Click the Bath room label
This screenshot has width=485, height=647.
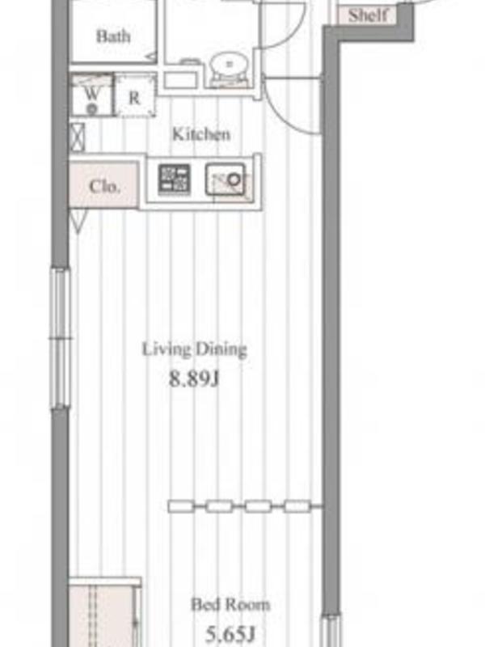[x=113, y=36]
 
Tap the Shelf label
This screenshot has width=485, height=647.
[x=368, y=15]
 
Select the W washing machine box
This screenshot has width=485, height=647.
[x=91, y=95]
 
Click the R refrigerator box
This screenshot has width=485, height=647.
[x=135, y=96]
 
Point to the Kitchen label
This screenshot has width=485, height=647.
[x=200, y=134]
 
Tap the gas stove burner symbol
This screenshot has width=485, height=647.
[x=175, y=180]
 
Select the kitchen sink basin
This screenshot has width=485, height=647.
[x=226, y=180]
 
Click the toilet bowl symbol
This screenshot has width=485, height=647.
[x=229, y=67]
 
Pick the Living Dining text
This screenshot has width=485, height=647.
[x=194, y=349]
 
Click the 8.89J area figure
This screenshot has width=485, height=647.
[x=194, y=378]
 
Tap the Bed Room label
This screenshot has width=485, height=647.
[x=230, y=605]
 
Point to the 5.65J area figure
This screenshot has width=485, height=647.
[x=230, y=634]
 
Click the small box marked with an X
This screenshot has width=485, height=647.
[x=77, y=137]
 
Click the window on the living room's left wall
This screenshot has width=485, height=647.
[x=61, y=338]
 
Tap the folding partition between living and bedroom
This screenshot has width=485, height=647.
[x=246, y=506]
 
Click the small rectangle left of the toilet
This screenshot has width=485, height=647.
[x=181, y=80]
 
